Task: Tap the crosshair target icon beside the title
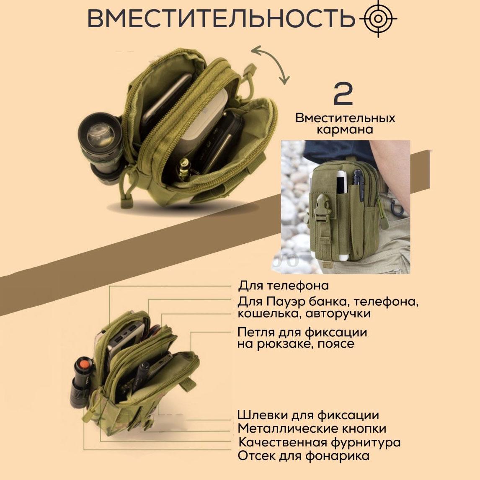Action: coord(378,18)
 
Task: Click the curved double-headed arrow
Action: coord(270,65)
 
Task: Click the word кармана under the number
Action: coord(345,129)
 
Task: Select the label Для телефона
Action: coord(284,286)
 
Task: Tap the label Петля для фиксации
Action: coord(302,333)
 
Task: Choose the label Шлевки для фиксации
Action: coord(308,415)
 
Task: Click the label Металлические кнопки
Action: coord(312,428)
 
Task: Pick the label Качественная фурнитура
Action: coord(319,442)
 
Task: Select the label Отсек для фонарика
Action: coord(304,456)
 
